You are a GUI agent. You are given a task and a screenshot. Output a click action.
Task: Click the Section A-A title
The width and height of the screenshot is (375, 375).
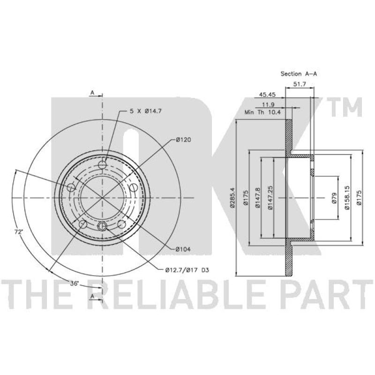point(299,74)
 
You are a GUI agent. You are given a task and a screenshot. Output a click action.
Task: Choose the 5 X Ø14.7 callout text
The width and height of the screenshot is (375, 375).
point(145,111)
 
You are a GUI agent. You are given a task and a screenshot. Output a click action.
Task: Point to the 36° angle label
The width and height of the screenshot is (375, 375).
point(75,284)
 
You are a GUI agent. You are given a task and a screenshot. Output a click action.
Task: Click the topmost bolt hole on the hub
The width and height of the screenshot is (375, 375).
point(103,165)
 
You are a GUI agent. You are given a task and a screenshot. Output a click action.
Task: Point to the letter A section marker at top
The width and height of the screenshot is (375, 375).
point(93,93)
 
